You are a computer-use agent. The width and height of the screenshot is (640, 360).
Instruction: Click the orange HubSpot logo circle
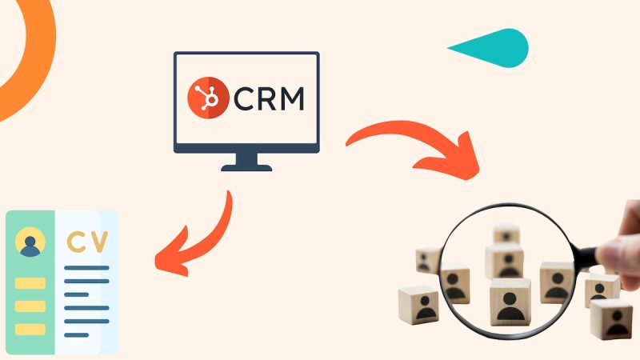coord(208,98)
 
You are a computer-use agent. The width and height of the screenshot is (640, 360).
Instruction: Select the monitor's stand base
coord(246,167)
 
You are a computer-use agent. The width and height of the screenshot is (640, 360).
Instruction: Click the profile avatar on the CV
coord(30,242)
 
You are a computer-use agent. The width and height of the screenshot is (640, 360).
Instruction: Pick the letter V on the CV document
coord(99,242)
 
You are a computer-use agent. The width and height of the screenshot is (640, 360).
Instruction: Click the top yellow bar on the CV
coord(30,283)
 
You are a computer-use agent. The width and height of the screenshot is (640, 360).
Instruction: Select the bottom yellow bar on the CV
coord(30,330)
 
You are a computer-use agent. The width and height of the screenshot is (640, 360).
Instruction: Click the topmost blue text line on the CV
coord(86,268)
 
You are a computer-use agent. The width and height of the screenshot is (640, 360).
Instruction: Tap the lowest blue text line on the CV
coord(76,335)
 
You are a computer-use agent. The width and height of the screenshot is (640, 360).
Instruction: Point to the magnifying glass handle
coord(586,256)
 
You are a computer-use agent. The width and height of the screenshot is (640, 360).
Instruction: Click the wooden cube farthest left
coord(418,305)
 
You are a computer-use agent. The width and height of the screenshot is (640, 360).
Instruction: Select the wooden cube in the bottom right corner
coord(611,319)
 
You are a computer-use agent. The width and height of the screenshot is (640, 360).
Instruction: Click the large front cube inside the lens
coord(510,302)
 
